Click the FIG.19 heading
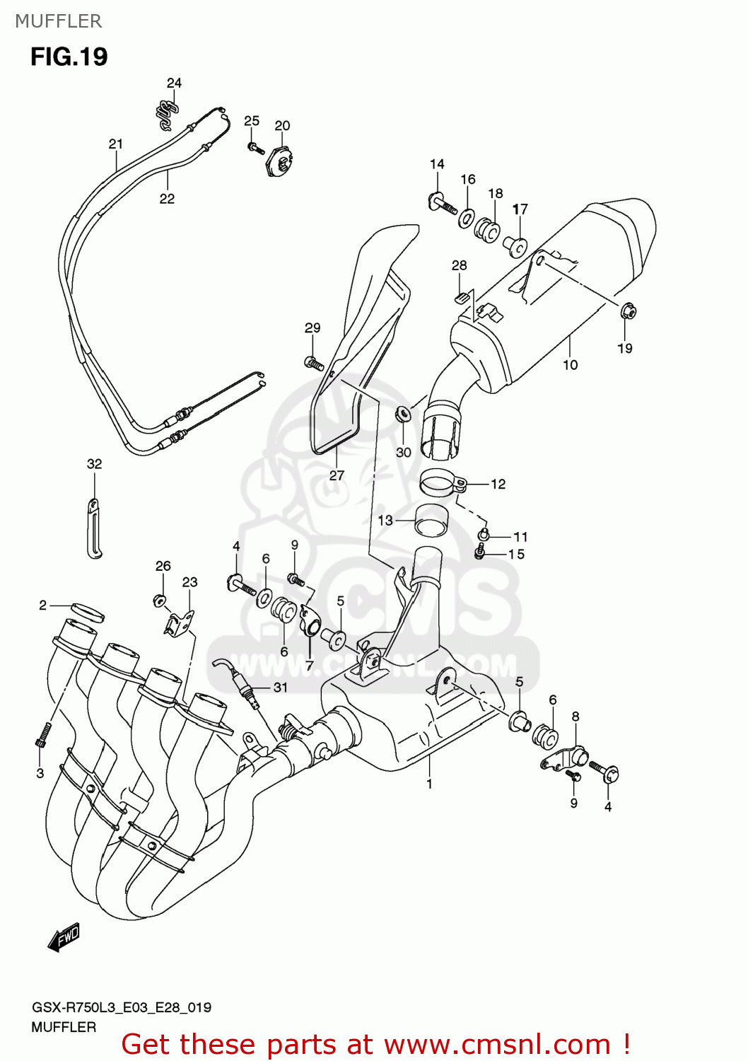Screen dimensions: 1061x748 pos(69,57)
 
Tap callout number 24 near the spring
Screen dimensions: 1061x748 pos(174,83)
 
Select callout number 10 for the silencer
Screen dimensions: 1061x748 pos(570,365)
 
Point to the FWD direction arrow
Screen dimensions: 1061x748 pos(64,937)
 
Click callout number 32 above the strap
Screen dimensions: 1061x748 pos(94,464)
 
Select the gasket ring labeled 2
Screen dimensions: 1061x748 pos(87,612)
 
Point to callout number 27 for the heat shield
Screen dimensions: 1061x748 pos(337,475)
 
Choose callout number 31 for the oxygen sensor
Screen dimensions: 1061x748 pos(281,688)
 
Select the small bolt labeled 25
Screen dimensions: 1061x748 pos(255,149)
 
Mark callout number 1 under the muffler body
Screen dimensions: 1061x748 pos(429,784)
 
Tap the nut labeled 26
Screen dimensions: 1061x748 pos(160,601)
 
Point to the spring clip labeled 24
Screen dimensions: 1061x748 pos(166,114)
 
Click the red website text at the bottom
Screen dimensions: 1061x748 pos(375,1045)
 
